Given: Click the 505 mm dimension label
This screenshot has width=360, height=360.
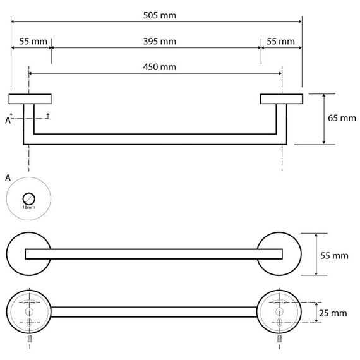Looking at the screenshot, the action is (x=160, y=15).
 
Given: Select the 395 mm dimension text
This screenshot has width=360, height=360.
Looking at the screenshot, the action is (x=160, y=41).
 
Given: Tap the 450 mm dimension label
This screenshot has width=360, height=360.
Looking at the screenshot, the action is (x=160, y=67).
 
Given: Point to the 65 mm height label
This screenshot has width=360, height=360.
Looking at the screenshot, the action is (x=342, y=118).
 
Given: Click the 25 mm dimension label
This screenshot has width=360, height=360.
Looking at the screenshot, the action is (x=333, y=313).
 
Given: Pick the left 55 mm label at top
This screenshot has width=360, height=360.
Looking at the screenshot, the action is (x=33, y=41).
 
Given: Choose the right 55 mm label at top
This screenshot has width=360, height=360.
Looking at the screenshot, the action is (x=280, y=41).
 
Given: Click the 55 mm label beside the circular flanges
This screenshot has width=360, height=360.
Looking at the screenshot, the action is (x=334, y=256).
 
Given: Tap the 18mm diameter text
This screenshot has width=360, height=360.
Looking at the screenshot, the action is (x=28, y=207).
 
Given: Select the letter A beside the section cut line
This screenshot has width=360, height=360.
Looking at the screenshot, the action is (x=8, y=120).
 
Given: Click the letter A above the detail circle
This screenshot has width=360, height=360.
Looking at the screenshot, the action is (x=8, y=178).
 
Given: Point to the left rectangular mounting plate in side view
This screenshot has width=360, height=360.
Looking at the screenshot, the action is (x=30, y=99).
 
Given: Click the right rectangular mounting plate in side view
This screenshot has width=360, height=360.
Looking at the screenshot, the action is (x=282, y=99).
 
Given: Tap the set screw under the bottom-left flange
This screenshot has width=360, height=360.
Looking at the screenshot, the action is (x=30, y=339).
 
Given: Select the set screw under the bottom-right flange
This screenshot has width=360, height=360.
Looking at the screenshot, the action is (x=279, y=339).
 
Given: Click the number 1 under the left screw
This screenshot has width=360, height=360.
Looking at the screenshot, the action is (x=30, y=347).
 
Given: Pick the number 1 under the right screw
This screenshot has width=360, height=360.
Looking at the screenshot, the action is (x=279, y=347).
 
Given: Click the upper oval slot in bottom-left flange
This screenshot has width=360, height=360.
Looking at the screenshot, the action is (x=30, y=302).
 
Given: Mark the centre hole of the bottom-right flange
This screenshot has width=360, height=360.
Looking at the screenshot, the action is (x=279, y=311).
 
